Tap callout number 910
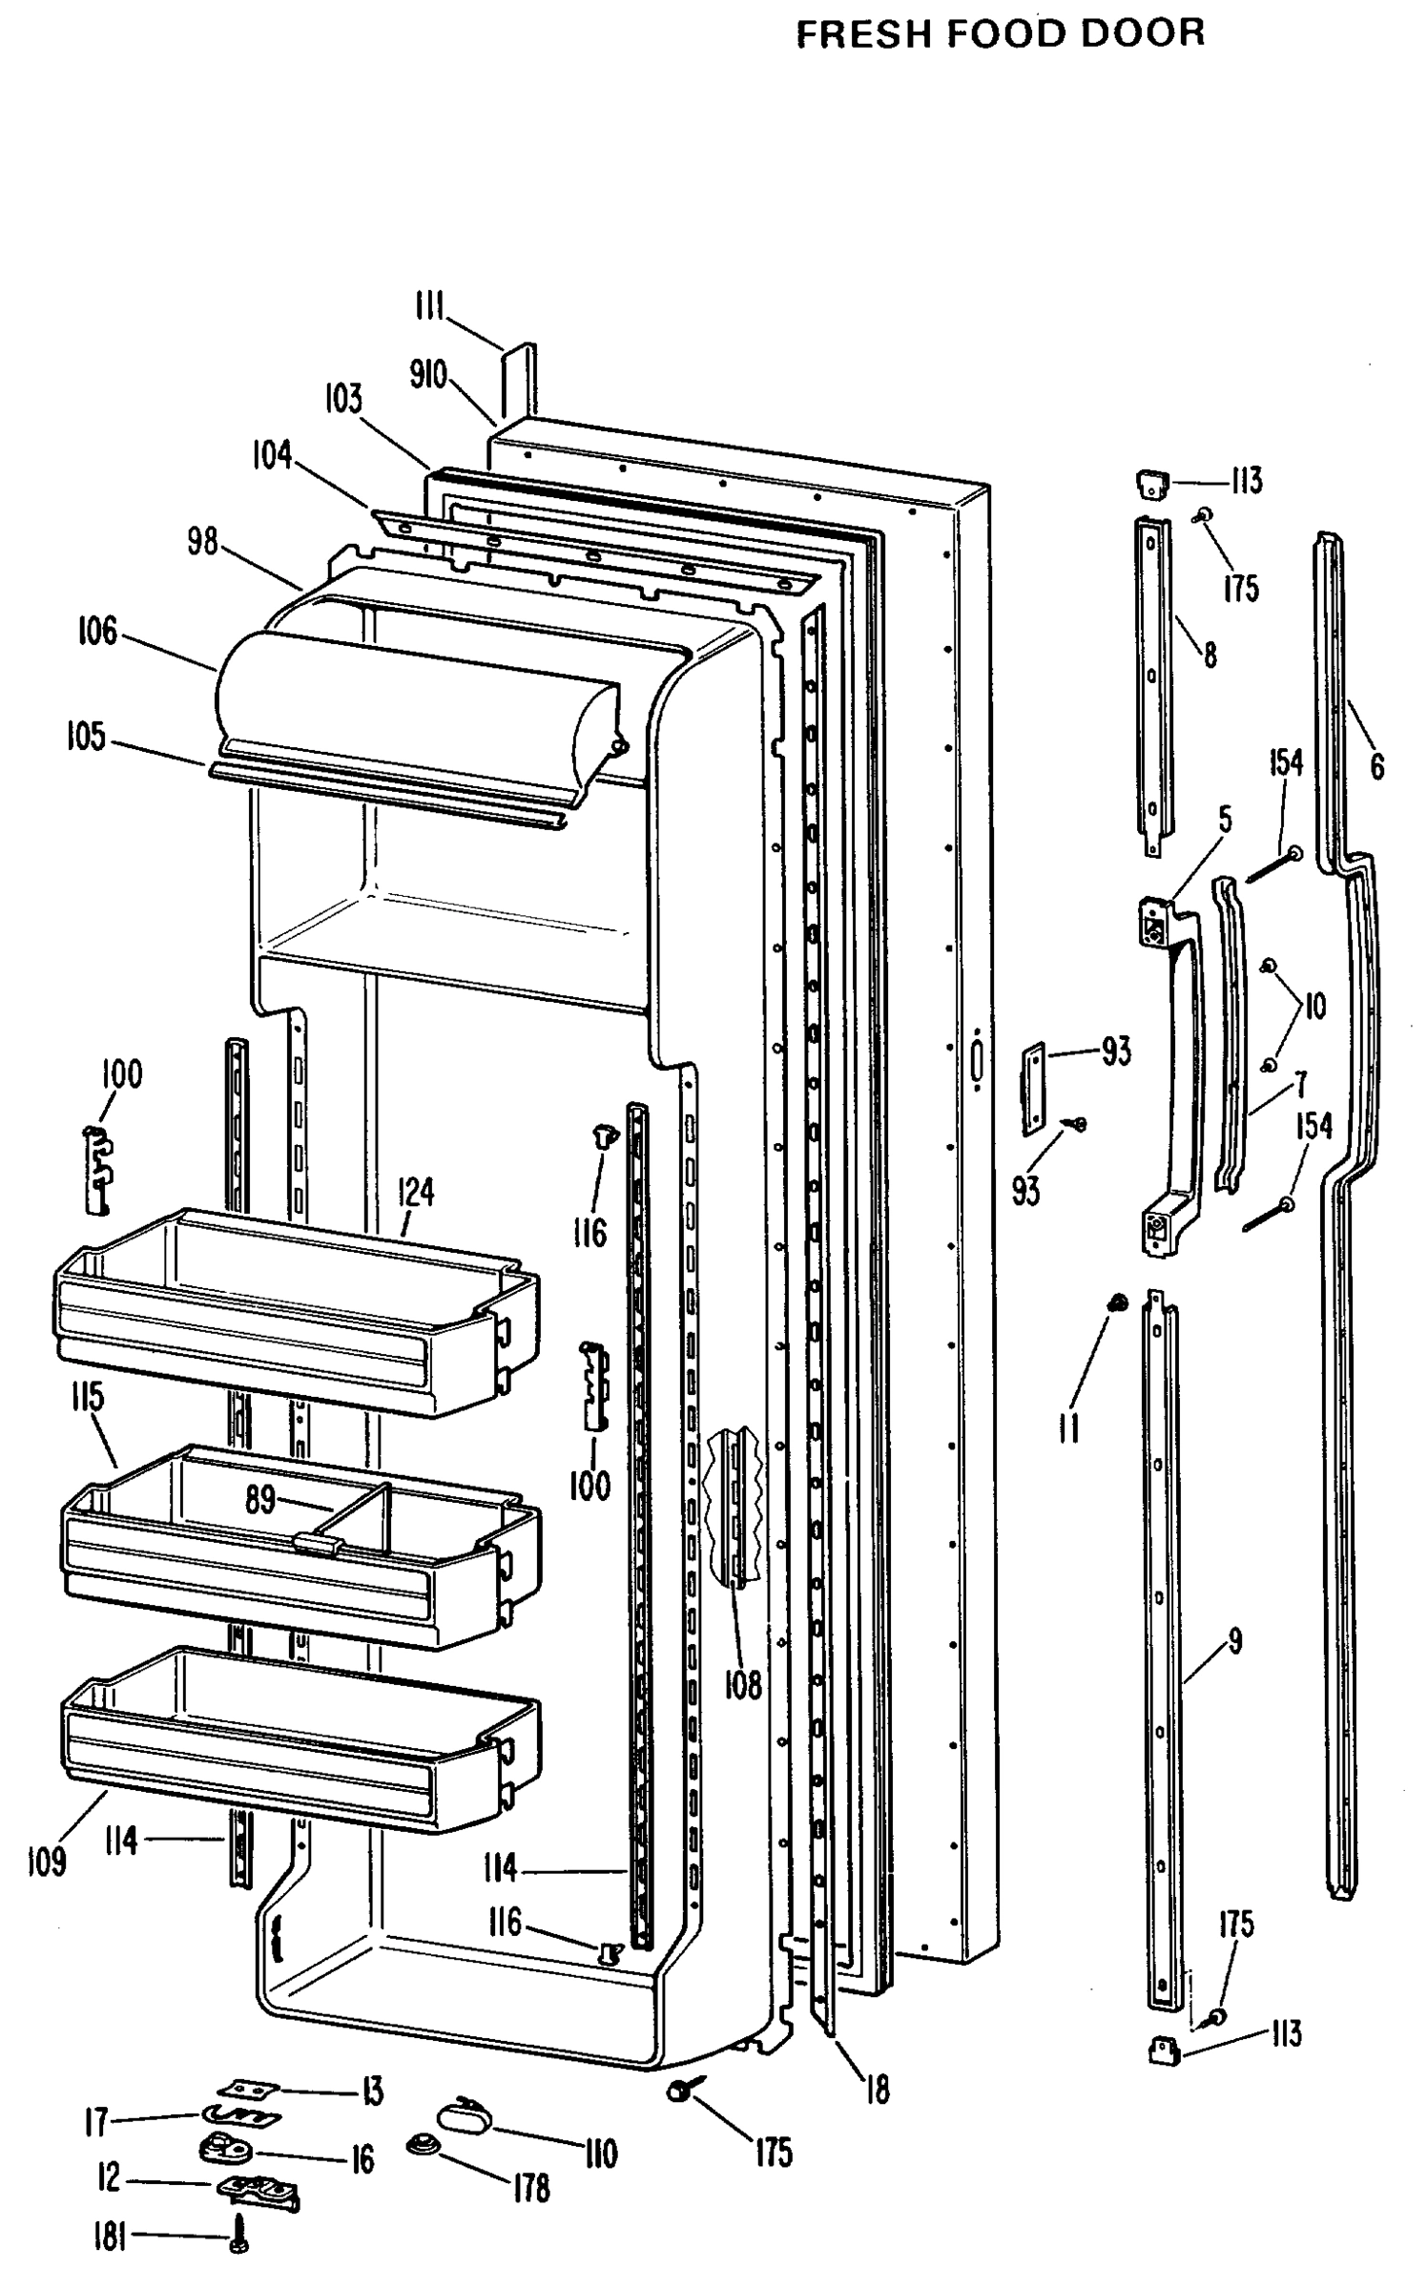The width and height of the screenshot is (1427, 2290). click(428, 376)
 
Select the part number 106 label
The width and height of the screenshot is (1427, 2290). click(97, 631)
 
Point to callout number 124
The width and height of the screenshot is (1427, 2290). click(416, 1192)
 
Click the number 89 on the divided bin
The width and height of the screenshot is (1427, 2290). click(260, 1500)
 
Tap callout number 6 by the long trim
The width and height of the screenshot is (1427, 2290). click(1376, 766)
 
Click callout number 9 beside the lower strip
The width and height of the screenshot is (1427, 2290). click(1234, 1642)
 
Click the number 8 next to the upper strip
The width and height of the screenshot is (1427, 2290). click(1210, 655)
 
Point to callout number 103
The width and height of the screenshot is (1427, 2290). click(343, 399)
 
